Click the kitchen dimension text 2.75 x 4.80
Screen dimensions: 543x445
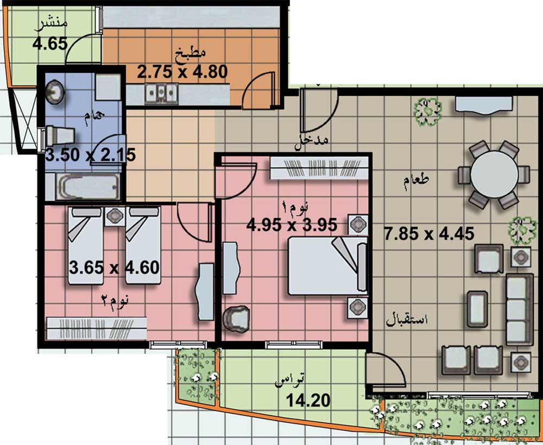(x=182, y=72)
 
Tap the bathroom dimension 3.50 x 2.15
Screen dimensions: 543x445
(x=90, y=154)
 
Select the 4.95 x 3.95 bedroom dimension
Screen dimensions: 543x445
(x=292, y=225)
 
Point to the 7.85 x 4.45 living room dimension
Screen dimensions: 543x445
(x=429, y=233)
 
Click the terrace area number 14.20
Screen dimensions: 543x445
(x=308, y=400)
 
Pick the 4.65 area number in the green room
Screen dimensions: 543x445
(x=50, y=44)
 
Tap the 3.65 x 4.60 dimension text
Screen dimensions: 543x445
(x=114, y=268)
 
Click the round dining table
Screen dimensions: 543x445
(x=494, y=174)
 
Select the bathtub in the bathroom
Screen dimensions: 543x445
(x=88, y=187)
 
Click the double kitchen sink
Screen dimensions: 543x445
(x=162, y=93)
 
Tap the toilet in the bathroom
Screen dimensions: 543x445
(x=60, y=135)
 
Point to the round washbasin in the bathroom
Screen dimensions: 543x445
(x=54, y=92)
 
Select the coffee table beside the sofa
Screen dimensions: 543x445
(x=477, y=309)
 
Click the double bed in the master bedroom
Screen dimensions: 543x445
(x=328, y=265)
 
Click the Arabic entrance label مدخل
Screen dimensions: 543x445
(x=311, y=142)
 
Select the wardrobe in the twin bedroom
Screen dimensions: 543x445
(x=97, y=329)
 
